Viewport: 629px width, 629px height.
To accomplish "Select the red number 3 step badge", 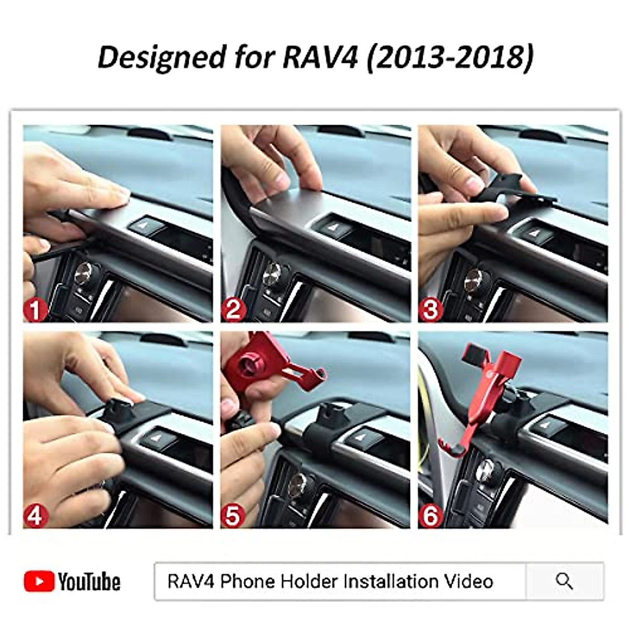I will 430,310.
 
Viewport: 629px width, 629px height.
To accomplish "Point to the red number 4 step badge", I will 35,517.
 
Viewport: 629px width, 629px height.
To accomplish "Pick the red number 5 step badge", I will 233,517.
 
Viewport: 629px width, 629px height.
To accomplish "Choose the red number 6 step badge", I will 430,517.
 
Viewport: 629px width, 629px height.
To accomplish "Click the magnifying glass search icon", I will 564,581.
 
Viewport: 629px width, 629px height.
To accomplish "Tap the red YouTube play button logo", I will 39,581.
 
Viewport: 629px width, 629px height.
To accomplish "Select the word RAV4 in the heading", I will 319,57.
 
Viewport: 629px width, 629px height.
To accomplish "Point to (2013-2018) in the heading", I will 450,57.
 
